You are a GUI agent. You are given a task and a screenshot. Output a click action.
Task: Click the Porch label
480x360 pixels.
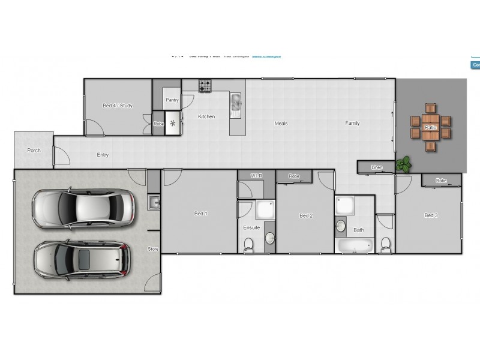point(34,151)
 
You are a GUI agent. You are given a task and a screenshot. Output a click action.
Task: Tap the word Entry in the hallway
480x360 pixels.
point(103,155)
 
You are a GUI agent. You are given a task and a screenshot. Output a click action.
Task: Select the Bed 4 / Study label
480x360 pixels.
point(118,106)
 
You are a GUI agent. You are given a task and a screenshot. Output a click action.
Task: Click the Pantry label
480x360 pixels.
point(172,100)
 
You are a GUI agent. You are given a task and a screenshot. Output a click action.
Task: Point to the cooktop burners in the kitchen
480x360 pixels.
point(205,86)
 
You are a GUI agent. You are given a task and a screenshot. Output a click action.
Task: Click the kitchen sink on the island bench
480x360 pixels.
point(236,102)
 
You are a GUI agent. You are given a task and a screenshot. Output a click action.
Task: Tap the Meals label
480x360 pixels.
point(281,124)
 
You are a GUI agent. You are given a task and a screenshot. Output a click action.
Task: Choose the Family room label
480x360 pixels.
point(352,124)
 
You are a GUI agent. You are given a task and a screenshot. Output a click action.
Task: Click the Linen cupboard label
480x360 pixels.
point(377,167)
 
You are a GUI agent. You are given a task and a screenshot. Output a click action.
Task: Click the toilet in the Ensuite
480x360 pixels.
point(248,244)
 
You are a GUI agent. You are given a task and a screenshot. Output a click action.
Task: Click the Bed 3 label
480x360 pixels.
point(431,215)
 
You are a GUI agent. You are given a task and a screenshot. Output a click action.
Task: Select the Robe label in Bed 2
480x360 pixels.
point(293,176)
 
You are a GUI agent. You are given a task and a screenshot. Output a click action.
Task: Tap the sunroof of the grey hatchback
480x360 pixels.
point(85,259)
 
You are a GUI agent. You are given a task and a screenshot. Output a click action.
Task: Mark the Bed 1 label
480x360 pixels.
point(200,214)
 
